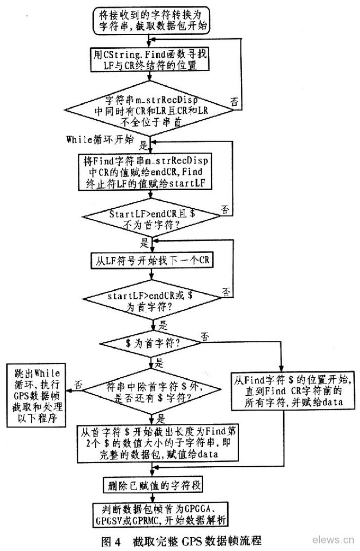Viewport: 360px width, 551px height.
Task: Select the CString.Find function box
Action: pos(152,60)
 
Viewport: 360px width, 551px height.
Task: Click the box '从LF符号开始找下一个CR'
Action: pos(151,261)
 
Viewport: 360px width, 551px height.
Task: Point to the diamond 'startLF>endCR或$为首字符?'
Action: pos(152,300)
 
